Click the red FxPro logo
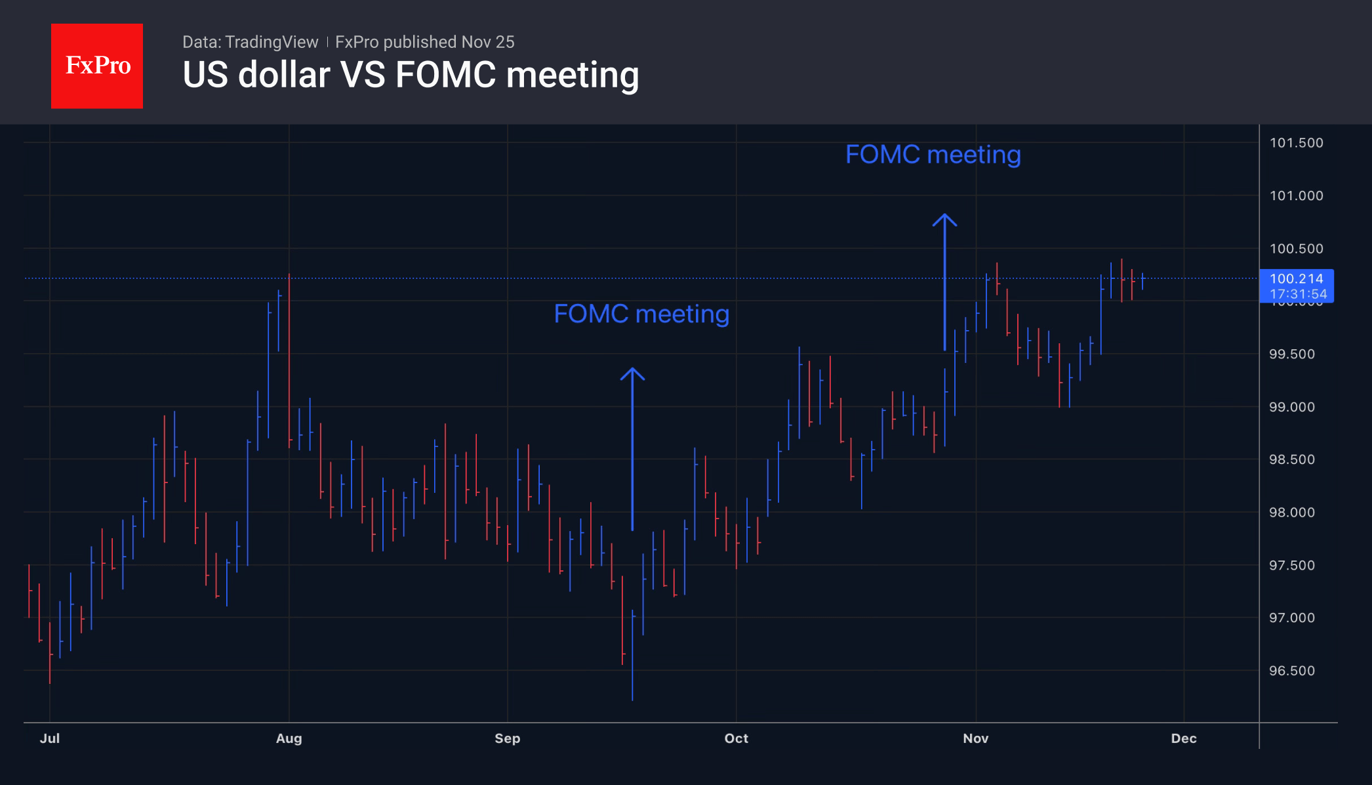click(97, 66)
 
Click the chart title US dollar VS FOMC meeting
click(411, 75)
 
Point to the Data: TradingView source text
click(250, 42)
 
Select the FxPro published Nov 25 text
click(425, 42)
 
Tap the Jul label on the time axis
click(50, 738)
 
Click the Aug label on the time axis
click(289, 738)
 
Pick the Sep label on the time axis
click(508, 738)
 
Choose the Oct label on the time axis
click(736, 738)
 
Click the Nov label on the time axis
click(976, 738)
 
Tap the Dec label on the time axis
click(1184, 738)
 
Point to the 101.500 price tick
click(1296, 143)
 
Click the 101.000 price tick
click(1296, 196)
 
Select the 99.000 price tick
click(1292, 407)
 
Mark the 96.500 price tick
click(1292, 671)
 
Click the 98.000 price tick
click(1292, 513)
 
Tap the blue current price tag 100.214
click(1297, 286)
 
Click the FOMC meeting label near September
click(641, 314)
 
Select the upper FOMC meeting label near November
click(933, 155)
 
